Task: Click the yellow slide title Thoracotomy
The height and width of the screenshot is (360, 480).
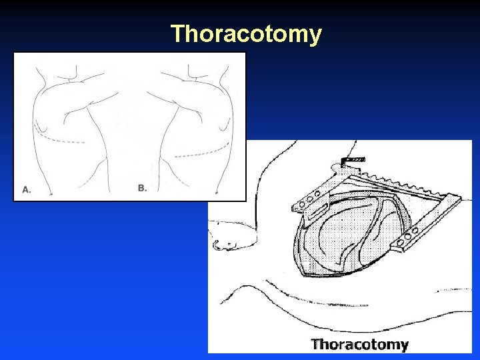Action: click(246, 34)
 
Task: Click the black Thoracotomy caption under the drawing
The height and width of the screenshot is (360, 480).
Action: click(359, 345)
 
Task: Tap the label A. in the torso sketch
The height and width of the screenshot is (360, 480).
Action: click(27, 189)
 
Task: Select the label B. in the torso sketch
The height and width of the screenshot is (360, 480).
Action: click(142, 188)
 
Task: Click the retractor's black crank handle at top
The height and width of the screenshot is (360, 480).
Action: click(349, 160)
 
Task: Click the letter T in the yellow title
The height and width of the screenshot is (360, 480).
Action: click(178, 34)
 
